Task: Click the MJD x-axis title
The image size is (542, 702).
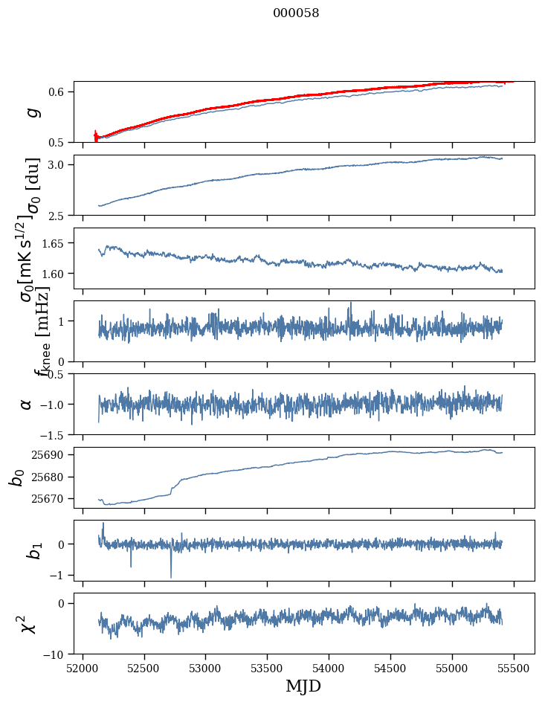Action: point(303,686)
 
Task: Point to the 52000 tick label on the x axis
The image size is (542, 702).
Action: point(83,668)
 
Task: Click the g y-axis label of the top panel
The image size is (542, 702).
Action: point(30,112)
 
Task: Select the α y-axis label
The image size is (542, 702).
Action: point(27,404)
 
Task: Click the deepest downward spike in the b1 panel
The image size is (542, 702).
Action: point(171,577)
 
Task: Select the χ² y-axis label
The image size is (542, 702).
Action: point(28,624)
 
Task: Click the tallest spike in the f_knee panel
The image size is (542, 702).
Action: point(351,303)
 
